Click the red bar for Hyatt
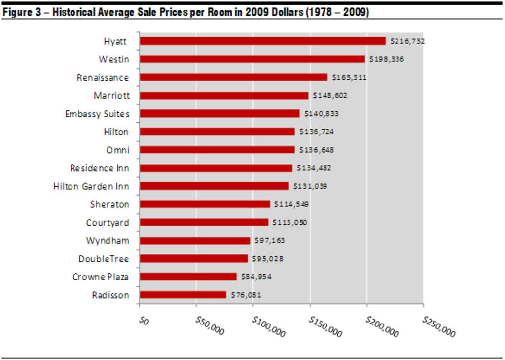click(x=262, y=41)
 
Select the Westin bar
click(x=252, y=59)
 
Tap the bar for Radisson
click(x=183, y=295)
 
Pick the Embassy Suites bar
click(x=219, y=113)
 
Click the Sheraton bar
click(x=205, y=204)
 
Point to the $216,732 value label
click(x=407, y=41)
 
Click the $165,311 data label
click(x=349, y=77)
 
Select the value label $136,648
click(x=317, y=150)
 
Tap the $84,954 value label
click(x=256, y=277)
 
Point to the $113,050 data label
click(x=289, y=222)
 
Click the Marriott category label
click(x=111, y=95)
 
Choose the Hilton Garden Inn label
click(x=91, y=186)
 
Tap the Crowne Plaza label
click(x=101, y=277)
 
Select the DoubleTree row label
click(x=104, y=258)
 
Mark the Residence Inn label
click(x=100, y=168)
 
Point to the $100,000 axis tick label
click(x=268, y=326)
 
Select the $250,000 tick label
click(x=438, y=326)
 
